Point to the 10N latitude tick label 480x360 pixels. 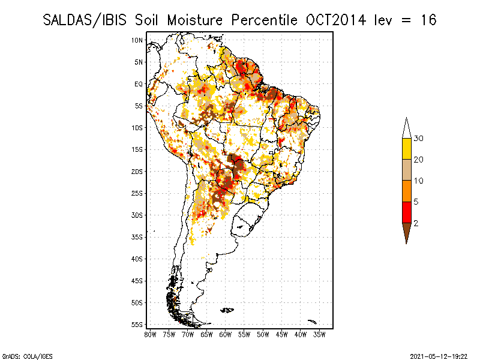[137, 40]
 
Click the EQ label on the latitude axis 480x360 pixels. [139, 84]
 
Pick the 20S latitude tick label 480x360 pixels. [137, 172]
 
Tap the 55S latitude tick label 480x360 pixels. [137, 325]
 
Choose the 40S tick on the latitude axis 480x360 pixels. [137, 259]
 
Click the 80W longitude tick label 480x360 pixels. [150, 334]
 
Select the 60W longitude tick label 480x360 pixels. [225, 334]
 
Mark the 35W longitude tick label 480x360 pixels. [319, 334]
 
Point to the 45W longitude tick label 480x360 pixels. [281, 334]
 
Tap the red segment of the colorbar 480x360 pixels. [406, 212]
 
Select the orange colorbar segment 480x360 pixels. [406, 191]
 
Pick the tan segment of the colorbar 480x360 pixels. [406, 170]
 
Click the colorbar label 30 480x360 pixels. [419, 139]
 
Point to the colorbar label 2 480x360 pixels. [416, 223]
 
